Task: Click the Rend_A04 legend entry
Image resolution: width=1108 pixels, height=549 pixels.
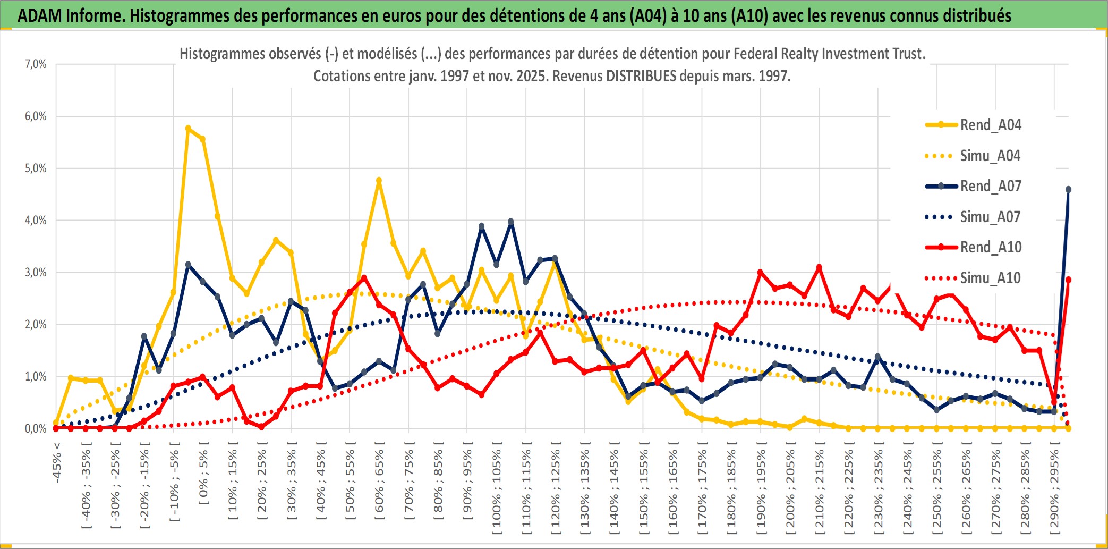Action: [990, 125]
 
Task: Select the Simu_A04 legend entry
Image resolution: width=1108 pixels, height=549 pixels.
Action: [990, 156]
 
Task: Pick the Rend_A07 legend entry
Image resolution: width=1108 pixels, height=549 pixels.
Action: [990, 186]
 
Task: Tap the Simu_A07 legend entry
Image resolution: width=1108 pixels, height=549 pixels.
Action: [990, 217]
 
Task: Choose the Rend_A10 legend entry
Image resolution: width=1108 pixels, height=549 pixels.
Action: [990, 247]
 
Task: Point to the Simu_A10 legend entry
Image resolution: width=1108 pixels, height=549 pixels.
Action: [990, 278]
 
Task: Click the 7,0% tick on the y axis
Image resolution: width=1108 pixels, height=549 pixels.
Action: [36, 64]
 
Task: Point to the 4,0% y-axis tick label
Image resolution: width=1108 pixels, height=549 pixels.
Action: [36, 220]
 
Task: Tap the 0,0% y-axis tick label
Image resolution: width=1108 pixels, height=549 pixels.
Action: [36, 428]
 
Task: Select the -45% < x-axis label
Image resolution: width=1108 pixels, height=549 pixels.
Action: [57, 462]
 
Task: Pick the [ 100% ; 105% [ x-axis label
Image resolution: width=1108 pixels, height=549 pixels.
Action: [497, 487]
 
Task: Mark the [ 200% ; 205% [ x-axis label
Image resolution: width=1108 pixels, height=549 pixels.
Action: [790, 487]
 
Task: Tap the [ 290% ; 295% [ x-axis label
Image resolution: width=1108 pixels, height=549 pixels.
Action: [1054, 487]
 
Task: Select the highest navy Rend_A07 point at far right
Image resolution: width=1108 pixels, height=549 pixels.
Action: [1068, 190]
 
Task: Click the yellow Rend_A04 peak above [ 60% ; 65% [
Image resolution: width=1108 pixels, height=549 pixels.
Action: [379, 181]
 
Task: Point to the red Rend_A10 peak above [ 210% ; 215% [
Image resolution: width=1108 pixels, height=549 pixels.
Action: [819, 267]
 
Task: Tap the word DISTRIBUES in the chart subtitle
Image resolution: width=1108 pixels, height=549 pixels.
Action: [642, 76]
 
